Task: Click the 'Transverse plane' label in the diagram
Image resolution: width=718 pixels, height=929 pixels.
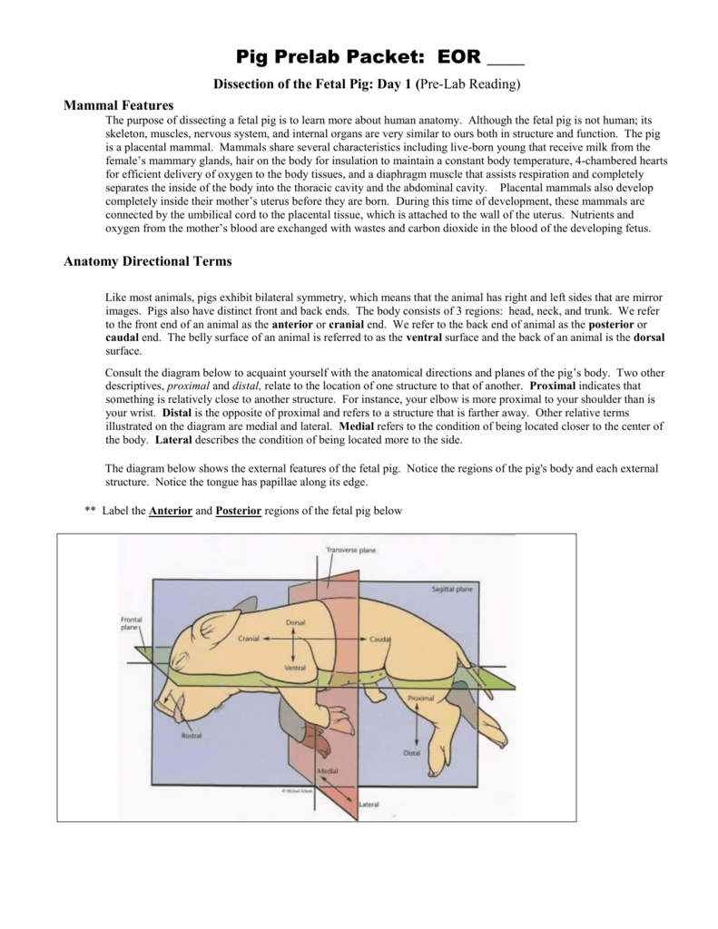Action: pos(350,550)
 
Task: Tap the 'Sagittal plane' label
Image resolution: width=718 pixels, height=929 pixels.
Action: pos(452,589)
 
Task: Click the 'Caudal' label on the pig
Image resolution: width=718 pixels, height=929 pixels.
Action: pos(380,639)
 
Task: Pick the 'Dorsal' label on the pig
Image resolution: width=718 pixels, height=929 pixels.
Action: pos(296,623)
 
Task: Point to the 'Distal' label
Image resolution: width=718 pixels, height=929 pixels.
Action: pos(411,753)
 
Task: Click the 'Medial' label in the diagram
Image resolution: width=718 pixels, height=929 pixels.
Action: pos(327,769)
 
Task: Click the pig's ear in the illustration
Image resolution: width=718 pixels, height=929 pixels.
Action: pos(213,617)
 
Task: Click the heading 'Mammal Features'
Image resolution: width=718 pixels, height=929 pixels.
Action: pos(118,106)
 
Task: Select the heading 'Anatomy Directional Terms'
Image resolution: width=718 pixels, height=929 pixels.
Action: pos(147,261)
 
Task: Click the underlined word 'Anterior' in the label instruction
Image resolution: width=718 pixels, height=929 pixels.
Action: pos(171,511)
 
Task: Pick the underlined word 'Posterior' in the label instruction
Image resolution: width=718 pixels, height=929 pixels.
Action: pos(239,511)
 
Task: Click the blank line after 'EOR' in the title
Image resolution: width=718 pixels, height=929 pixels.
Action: pos(506,60)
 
